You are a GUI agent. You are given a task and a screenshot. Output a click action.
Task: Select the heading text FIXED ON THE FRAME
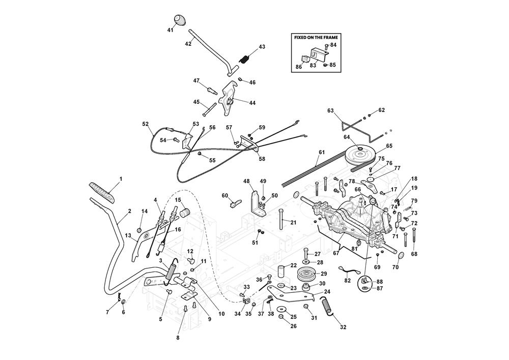click(316, 37)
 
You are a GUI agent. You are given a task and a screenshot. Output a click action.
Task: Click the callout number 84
click(333, 45)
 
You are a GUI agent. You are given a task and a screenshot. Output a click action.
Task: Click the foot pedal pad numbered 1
click(102, 192)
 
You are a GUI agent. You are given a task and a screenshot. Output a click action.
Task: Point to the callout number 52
click(146, 124)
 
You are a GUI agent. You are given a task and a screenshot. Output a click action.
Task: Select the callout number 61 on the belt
click(322, 152)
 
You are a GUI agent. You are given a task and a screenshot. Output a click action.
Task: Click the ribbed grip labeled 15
click(184, 210)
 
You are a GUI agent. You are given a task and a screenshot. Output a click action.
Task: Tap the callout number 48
click(246, 181)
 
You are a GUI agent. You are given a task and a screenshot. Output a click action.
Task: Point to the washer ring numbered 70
click(400, 256)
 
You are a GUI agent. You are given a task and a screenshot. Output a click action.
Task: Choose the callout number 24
click(327, 292)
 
